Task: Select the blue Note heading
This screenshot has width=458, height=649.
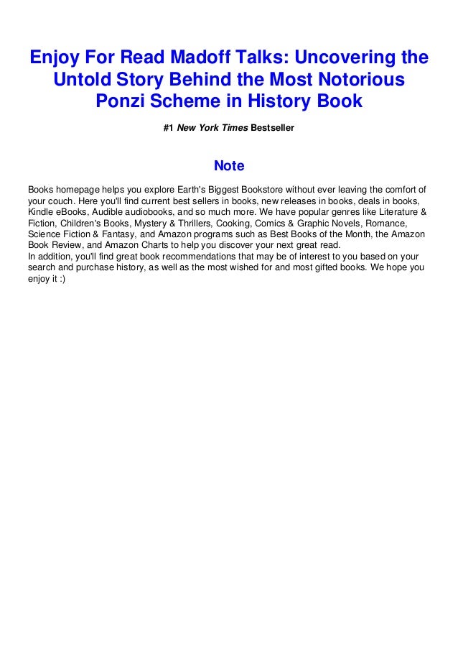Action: point(229,167)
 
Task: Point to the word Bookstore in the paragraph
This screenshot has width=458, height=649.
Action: point(284,189)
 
